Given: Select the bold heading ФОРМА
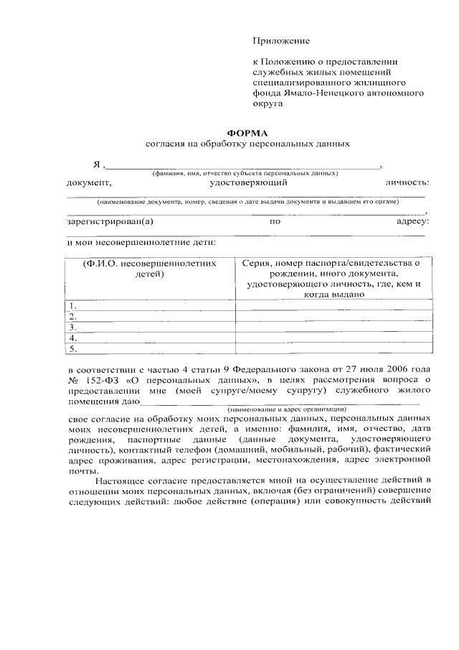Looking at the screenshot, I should pyautogui.click(x=247, y=133).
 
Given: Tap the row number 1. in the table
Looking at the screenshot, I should pyautogui.click(x=72, y=306).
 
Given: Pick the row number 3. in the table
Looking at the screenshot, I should pyautogui.click(x=72, y=328).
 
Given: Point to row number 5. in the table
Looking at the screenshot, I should pyautogui.click(x=72, y=349).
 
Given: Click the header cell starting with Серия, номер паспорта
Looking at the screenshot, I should pyautogui.click(x=332, y=279).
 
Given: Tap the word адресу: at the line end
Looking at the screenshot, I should pyautogui.click(x=412, y=221).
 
